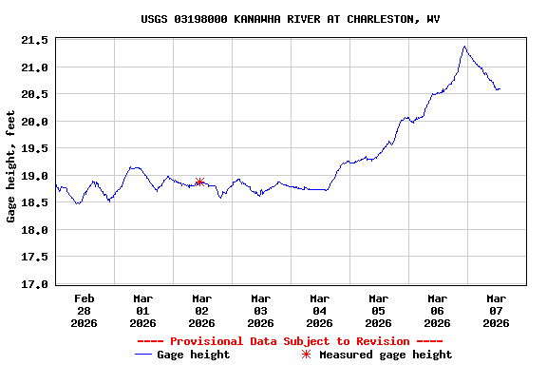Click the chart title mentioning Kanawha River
click(290, 19)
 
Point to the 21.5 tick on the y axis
click(35, 40)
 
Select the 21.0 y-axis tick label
click(35, 67)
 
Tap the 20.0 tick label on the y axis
click(35, 122)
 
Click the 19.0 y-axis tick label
click(35, 176)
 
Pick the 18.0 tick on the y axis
click(35, 230)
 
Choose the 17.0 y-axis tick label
click(35, 284)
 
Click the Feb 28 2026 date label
click(85, 310)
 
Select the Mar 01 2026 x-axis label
click(143, 310)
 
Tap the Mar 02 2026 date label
click(202, 310)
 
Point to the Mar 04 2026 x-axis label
click(320, 310)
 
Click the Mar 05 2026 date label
click(379, 310)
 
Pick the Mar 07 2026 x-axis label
click(497, 310)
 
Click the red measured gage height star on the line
click(199, 182)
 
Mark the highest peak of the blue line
click(464, 46)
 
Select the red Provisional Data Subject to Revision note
click(290, 341)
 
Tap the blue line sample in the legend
click(143, 355)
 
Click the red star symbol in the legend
click(306, 355)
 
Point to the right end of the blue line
click(500, 89)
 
